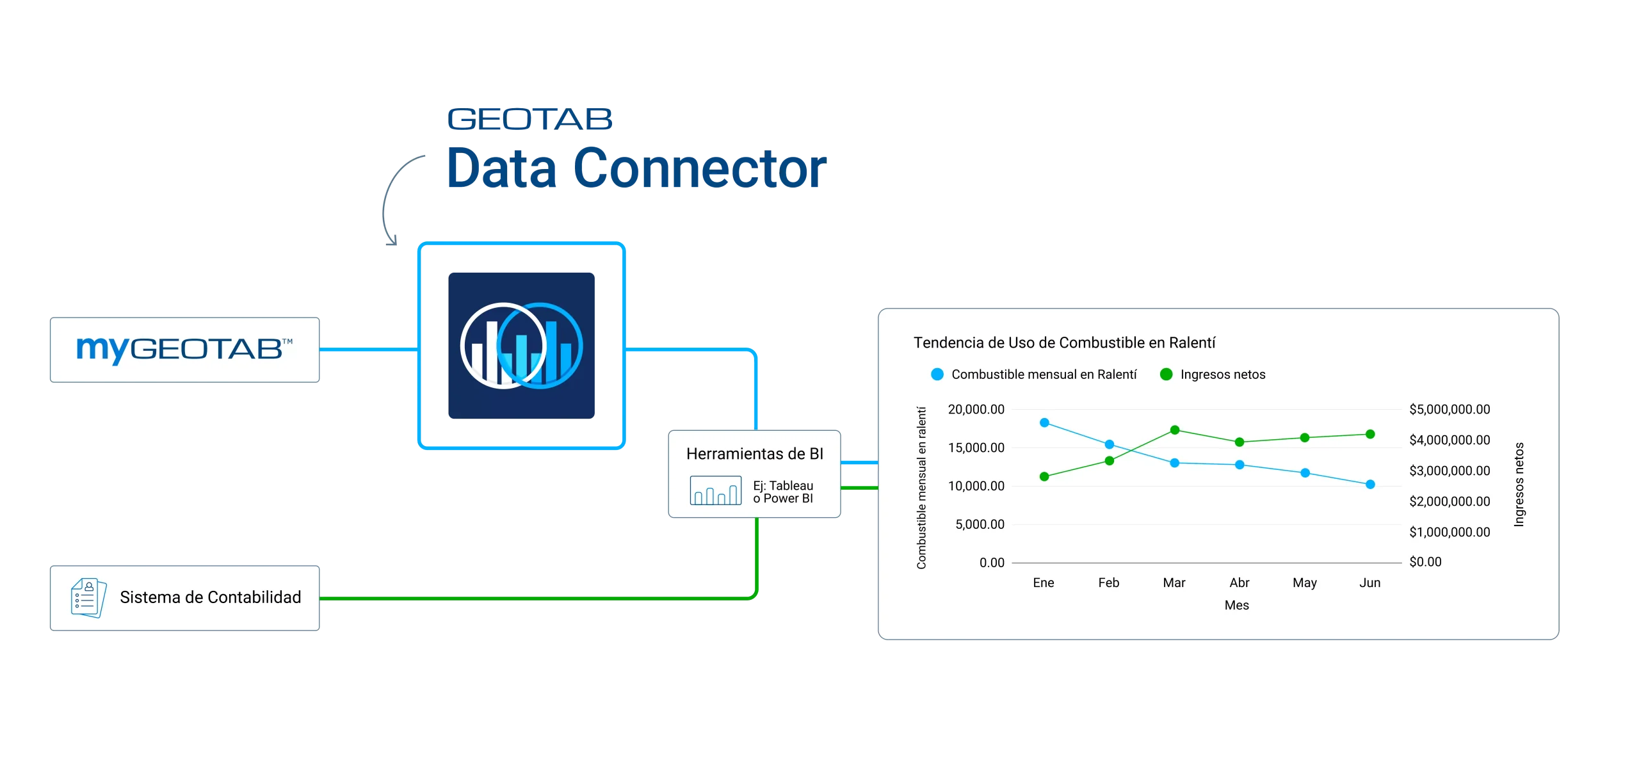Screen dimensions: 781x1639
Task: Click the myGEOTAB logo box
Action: tap(184, 349)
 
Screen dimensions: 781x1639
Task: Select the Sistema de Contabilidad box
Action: tap(184, 598)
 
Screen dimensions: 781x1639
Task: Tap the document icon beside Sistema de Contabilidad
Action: tap(88, 598)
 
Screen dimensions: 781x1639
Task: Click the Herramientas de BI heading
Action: tap(754, 454)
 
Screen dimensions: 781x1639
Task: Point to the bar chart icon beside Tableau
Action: tap(715, 491)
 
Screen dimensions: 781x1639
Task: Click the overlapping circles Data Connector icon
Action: tap(522, 346)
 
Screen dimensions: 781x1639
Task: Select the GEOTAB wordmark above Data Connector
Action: tap(529, 120)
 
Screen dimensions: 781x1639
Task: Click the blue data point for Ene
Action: tap(1044, 423)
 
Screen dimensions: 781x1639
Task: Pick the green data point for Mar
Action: tap(1175, 430)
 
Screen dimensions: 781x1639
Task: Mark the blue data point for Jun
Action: tap(1370, 485)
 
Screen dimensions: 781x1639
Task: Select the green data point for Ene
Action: tap(1044, 476)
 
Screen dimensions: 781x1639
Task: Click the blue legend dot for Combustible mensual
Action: tap(937, 374)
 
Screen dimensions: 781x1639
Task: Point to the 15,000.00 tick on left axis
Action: tap(976, 448)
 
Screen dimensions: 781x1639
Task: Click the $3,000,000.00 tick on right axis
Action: tap(1449, 471)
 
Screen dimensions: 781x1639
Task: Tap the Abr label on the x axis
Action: tap(1239, 583)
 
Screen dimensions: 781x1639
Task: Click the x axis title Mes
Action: tap(1236, 605)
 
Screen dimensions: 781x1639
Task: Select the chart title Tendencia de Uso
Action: tap(1064, 342)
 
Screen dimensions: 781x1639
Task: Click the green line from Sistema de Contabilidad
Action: tap(538, 599)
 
